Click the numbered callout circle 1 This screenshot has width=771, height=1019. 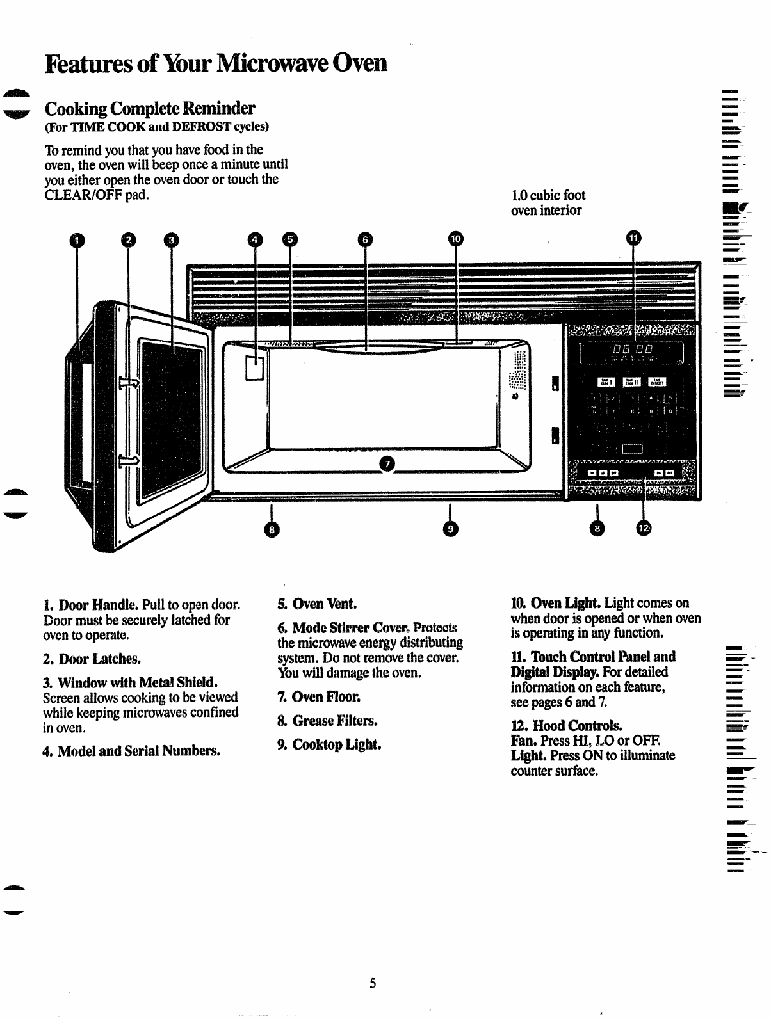click(77, 241)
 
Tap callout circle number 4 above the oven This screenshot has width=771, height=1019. click(255, 240)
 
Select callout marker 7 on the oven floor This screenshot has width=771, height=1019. click(387, 463)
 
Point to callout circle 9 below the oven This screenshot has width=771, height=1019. click(451, 529)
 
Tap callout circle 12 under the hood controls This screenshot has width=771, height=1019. click(643, 528)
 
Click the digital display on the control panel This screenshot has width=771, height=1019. click(631, 351)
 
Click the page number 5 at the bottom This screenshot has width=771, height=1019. click(372, 983)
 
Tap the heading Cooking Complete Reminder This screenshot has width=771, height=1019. click(149, 108)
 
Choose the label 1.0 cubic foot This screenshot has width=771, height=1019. click(548, 195)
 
